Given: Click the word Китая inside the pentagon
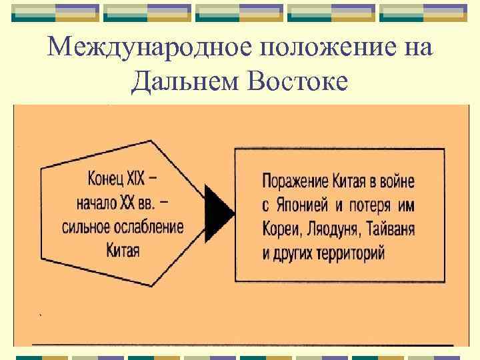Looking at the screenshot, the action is pos(123,249).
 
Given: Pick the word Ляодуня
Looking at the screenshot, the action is pos(336,229).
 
